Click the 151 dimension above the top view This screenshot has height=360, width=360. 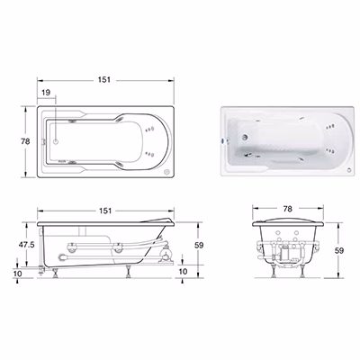[x=104, y=80]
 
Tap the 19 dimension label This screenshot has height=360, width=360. [x=46, y=93]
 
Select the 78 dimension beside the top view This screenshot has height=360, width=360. [x=25, y=141]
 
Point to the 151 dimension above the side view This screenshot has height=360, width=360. [x=105, y=211]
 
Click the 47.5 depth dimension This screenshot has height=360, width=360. [x=27, y=245]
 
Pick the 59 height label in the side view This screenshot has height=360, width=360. [x=199, y=245]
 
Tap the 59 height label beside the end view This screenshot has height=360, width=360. [x=339, y=250]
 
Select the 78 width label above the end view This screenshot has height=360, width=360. [x=287, y=209]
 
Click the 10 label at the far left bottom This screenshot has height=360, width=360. [x=18, y=274]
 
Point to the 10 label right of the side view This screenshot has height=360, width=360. [x=183, y=271]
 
